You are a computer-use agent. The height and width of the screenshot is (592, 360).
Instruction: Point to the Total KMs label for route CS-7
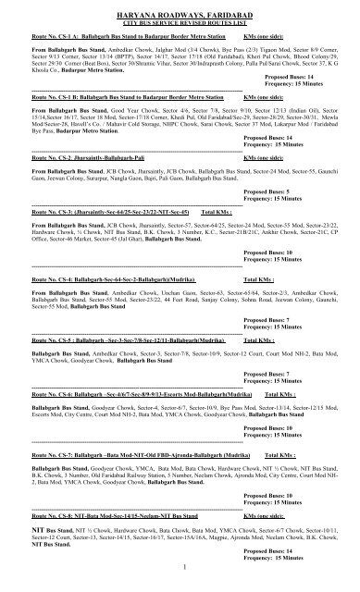(x=280, y=457)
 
